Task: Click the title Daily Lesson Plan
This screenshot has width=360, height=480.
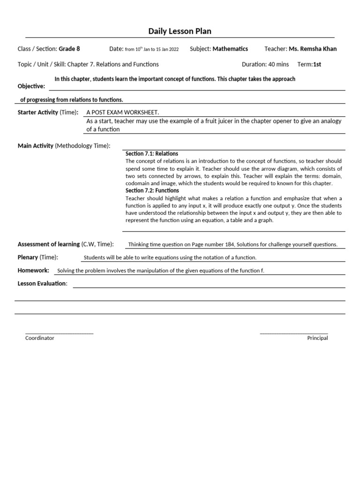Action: (x=180, y=31)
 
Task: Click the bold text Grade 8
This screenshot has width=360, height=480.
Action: (x=69, y=49)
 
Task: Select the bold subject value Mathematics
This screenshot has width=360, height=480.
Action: (x=230, y=49)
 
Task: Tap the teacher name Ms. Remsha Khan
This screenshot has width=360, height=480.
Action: (x=313, y=49)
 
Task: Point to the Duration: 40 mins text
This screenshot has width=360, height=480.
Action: (x=265, y=64)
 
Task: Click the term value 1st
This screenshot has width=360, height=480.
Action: (x=317, y=64)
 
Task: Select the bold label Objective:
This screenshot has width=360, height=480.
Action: (x=31, y=86)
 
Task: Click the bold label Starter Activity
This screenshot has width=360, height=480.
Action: (x=38, y=112)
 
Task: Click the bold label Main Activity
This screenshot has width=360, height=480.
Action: (x=36, y=146)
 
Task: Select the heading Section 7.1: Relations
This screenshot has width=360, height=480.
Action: (x=152, y=154)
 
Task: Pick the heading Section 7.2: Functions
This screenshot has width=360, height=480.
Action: (x=152, y=191)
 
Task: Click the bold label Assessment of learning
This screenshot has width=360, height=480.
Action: (x=49, y=244)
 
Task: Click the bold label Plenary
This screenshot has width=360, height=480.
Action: (x=28, y=257)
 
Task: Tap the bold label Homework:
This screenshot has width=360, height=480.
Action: (x=33, y=270)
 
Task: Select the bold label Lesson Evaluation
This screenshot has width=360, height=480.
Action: (x=42, y=284)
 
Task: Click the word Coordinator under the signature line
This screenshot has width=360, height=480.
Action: (x=40, y=338)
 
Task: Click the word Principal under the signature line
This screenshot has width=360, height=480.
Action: (x=317, y=338)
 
